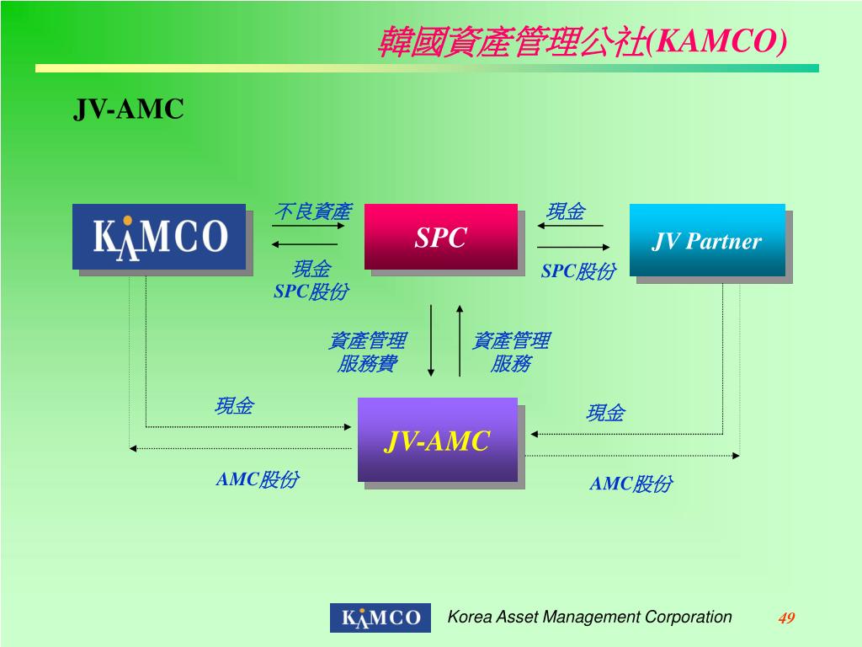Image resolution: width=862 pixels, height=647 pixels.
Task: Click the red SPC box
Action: tap(441, 237)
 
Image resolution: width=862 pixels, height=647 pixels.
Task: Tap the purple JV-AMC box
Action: tap(438, 440)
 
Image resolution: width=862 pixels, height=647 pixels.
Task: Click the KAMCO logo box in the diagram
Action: tap(159, 237)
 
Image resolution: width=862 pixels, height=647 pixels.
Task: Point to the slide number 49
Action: tap(786, 618)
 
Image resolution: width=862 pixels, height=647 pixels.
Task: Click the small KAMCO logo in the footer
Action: tap(380, 618)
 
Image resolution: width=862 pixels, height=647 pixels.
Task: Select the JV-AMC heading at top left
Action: tap(128, 109)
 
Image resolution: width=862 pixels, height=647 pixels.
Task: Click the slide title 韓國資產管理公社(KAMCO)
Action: tap(583, 40)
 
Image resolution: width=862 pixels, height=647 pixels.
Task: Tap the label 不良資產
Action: tap(312, 211)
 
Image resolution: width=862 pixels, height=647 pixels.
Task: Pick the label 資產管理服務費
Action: tap(367, 352)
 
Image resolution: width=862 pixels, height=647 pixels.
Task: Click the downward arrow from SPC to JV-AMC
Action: tap(431, 340)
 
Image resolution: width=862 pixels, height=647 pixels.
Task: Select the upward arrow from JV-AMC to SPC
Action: tap(460, 340)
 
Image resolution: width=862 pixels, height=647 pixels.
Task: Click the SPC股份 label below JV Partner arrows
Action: tap(577, 271)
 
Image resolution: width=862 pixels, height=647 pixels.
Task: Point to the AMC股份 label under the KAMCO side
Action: tap(257, 479)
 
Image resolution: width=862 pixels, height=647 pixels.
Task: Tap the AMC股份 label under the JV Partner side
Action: tap(631, 484)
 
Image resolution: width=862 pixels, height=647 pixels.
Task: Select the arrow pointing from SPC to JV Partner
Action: tap(573, 248)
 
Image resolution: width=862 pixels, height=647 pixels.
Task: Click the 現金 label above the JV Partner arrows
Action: tap(566, 211)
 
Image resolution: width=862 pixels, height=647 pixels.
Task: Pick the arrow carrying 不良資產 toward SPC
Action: tap(304, 226)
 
